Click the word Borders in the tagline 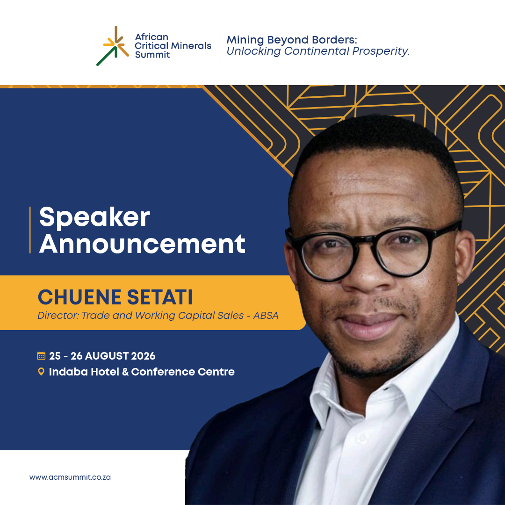click(x=334, y=40)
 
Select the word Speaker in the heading click(x=94, y=217)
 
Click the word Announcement click(x=142, y=244)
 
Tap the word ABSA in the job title click(x=266, y=316)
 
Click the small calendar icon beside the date click(x=41, y=356)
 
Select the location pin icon click(x=41, y=372)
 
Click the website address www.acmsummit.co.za click(x=70, y=477)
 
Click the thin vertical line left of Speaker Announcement click(x=30, y=230)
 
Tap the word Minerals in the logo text click(x=191, y=46)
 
